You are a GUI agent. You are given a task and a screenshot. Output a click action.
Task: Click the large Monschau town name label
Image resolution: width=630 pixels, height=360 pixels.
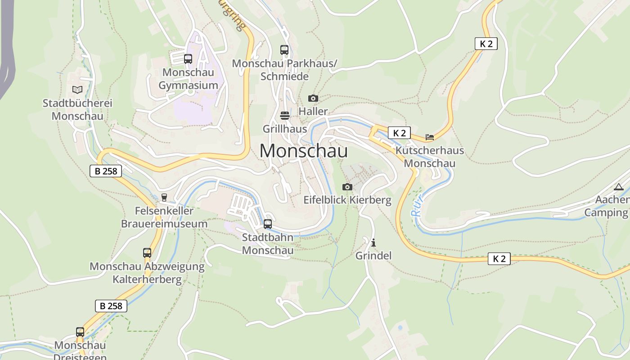point(303,151)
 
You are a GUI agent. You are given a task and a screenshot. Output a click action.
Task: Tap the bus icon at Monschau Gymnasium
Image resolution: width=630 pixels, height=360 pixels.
point(188,59)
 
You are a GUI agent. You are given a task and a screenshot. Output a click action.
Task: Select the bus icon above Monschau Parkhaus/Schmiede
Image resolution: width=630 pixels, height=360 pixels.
point(284,50)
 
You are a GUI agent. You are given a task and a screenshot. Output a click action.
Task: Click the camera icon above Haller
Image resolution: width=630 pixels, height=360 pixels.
point(313,98)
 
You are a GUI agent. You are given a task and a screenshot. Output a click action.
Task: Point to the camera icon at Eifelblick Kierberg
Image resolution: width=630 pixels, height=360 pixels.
point(347,187)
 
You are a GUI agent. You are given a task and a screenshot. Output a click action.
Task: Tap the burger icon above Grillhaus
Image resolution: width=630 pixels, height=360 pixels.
point(284,116)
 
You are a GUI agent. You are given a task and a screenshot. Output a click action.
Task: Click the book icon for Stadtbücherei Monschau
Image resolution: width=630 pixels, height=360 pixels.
point(77,90)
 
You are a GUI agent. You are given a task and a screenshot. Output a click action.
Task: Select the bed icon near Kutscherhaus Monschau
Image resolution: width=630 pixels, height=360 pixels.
point(430,137)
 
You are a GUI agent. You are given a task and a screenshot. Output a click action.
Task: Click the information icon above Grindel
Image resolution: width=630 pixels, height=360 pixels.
point(373,243)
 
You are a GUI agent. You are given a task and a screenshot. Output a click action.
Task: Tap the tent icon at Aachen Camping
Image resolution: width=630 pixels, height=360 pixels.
point(619,187)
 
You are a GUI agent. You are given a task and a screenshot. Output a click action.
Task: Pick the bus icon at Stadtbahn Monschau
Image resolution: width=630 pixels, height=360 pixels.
point(268,224)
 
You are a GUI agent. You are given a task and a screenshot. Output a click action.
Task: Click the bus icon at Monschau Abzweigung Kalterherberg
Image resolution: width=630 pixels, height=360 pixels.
point(147,253)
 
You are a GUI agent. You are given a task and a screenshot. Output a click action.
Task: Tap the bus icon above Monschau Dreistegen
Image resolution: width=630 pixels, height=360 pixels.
point(80,332)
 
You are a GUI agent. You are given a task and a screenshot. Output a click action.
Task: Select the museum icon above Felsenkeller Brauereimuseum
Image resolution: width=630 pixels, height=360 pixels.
point(164,197)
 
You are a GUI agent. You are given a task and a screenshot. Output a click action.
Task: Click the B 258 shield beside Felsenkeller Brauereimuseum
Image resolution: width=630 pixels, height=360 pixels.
point(106,171)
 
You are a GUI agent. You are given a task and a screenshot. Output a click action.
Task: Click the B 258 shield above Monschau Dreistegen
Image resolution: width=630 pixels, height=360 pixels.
point(111,306)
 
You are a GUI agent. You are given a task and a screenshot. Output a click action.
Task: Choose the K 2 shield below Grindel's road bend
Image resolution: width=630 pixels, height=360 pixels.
point(499,259)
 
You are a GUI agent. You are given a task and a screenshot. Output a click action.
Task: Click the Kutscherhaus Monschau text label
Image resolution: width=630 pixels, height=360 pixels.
point(429,157)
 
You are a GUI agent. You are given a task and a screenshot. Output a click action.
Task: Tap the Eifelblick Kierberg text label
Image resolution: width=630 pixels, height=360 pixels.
point(347,200)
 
